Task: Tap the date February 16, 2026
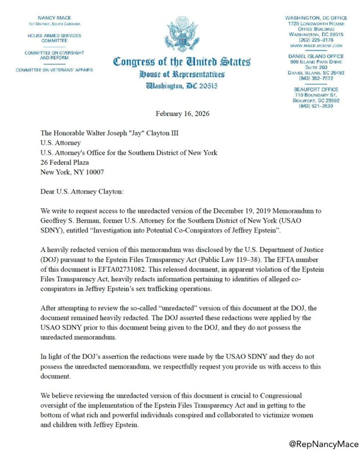point(182,114)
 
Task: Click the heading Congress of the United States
point(182,62)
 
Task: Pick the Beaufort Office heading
point(316,89)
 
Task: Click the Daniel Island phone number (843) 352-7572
point(316,78)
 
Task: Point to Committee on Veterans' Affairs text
point(55,70)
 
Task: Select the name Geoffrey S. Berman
point(69,219)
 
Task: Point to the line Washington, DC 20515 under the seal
point(182,86)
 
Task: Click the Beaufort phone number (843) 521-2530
point(316,106)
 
